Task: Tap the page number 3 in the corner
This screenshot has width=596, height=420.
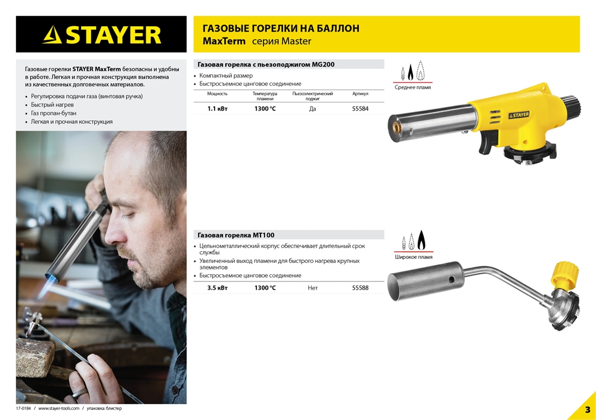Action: [587, 410]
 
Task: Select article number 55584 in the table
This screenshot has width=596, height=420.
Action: [361, 109]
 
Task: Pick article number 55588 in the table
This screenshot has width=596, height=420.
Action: [361, 288]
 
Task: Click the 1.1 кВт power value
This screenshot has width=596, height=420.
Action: [217, 109]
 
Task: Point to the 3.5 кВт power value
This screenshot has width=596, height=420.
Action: [217, 288]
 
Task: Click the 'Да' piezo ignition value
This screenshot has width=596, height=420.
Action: [312, 109]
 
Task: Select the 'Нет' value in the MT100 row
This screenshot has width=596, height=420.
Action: [312, 288]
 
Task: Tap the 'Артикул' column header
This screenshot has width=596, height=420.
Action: [361, 94]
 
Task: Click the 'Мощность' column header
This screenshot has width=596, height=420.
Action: [217, 94]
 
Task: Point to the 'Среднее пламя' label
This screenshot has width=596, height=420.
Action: [412, 87]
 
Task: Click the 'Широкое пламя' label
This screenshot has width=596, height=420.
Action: [413, 257]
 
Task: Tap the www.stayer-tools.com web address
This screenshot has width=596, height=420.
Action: [58, 409]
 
